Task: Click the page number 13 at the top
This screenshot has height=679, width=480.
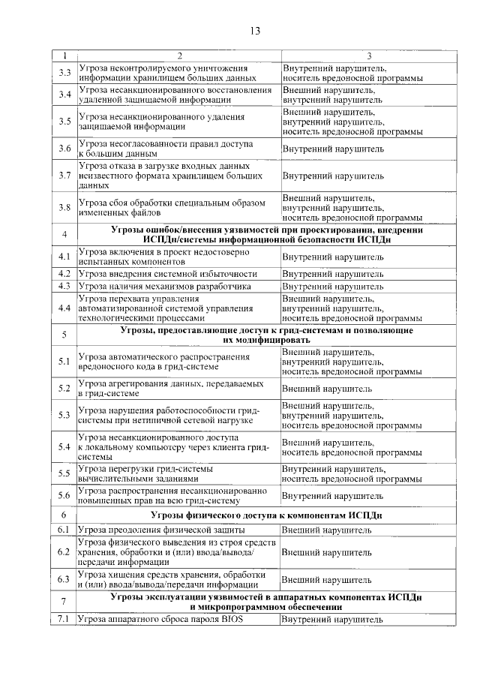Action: click(254, 31)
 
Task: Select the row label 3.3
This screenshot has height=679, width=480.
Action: click(64, 73)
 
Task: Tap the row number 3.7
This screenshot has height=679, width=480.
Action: click(64, 176)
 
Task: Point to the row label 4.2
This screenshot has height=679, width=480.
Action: click(64, 274)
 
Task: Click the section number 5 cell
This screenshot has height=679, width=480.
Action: click(64, 335)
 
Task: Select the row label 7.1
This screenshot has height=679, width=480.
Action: click(64, 619)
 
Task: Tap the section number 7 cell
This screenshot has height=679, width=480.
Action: click(64, 602)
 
